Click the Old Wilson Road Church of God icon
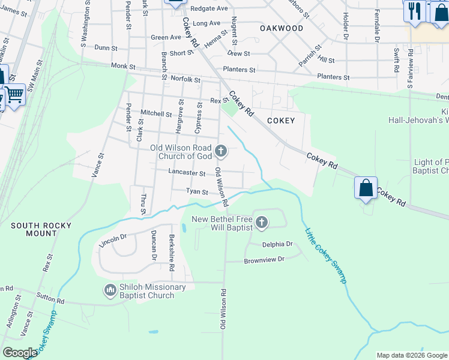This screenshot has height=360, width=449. coord(221,151)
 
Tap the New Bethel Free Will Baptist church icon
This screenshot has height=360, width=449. coord(261,223)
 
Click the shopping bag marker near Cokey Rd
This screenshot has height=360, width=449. coord(366,188)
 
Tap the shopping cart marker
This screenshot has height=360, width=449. coord(14,95)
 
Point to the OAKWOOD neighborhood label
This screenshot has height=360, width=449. coord(282,28)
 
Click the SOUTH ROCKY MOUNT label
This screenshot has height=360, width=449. coord(41,230)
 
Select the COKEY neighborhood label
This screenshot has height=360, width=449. coord(280,121)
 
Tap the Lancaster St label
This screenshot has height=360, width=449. coord(187,173)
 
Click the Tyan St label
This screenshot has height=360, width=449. coord(197,192)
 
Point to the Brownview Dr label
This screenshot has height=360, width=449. coord(264,260)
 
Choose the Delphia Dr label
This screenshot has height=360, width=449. coord(277,244)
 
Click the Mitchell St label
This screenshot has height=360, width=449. coord(156,113)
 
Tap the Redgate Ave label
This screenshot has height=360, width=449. coord(209,9)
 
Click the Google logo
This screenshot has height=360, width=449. coord(20,353)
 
